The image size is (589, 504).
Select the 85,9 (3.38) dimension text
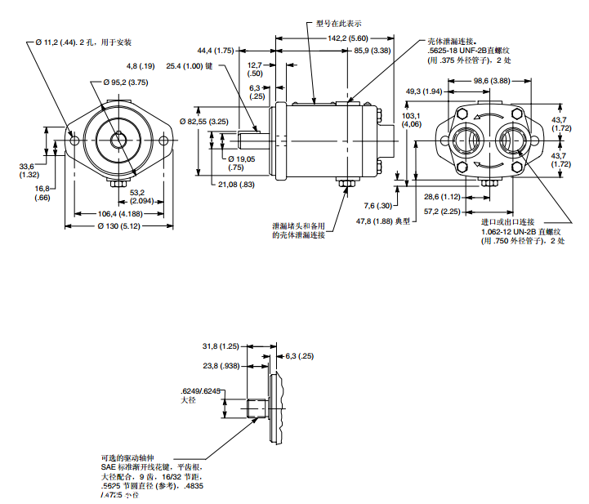point(373,51)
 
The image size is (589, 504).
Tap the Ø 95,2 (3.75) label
point(125,83)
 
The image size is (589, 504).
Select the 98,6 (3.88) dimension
point(491,81)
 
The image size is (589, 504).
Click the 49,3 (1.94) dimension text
point(424,91)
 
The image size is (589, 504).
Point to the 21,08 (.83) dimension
point(236,184)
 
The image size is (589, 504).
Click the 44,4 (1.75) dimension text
point(215,51)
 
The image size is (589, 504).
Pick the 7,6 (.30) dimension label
point(378,205)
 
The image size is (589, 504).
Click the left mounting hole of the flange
point(75,141)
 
